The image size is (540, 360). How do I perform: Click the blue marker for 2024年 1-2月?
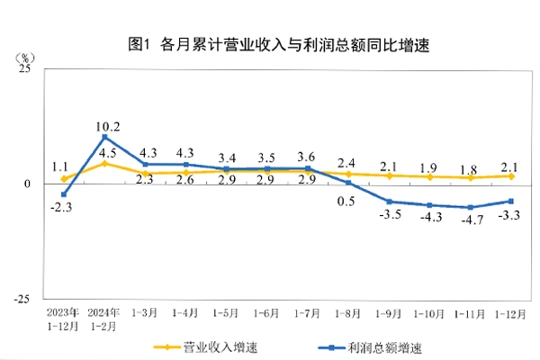tap(105, 137)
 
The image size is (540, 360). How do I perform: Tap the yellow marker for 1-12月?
tap(510, 175)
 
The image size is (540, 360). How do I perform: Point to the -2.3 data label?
tap(63, 208)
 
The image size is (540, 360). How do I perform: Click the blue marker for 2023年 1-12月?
tap(64, 194)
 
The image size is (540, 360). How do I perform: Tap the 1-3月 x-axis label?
tap(146, 313)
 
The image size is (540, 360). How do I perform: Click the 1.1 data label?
tap(61, 166)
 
